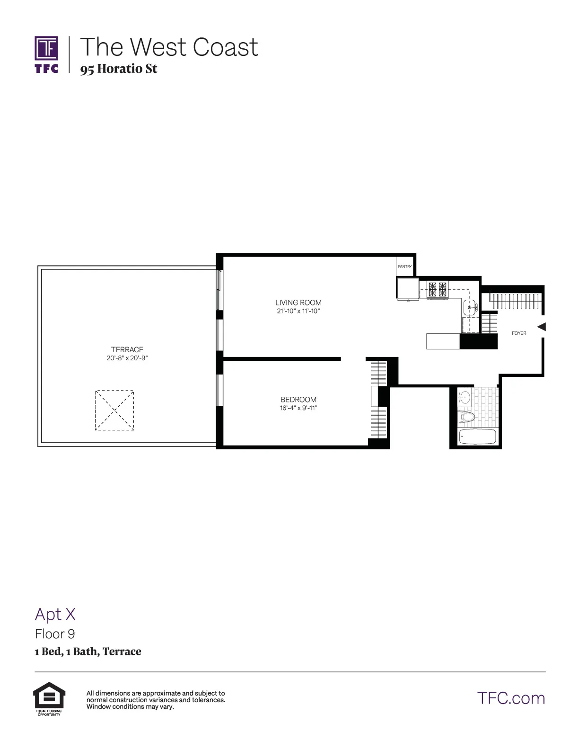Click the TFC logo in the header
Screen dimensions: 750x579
pos(46,54)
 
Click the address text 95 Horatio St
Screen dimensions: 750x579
pos(118,69)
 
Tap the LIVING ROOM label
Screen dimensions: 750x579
pos(298,303)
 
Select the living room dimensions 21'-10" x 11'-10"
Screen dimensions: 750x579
pos(298,311)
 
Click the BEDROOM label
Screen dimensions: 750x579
pos(298,400)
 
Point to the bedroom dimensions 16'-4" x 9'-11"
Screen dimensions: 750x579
pos(298,408)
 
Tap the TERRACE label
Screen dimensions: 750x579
pos(127,349)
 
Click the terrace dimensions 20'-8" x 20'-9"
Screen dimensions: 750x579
pos(127,358)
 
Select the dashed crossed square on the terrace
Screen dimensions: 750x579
pos(114,410)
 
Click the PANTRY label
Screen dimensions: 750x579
pos(404,267)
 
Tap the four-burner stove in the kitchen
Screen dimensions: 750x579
pos(437,289)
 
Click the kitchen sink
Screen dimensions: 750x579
pos(470,307)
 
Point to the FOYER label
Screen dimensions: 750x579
pos(518,333)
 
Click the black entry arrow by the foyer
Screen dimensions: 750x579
pos(542,327)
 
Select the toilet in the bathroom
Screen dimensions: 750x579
pos(467,417)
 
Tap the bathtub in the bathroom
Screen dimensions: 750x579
pos(477,437)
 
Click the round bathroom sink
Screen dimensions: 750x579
pos(465,397)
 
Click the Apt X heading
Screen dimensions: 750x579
pos(55,614)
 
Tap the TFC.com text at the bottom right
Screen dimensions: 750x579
pos(511,698)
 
